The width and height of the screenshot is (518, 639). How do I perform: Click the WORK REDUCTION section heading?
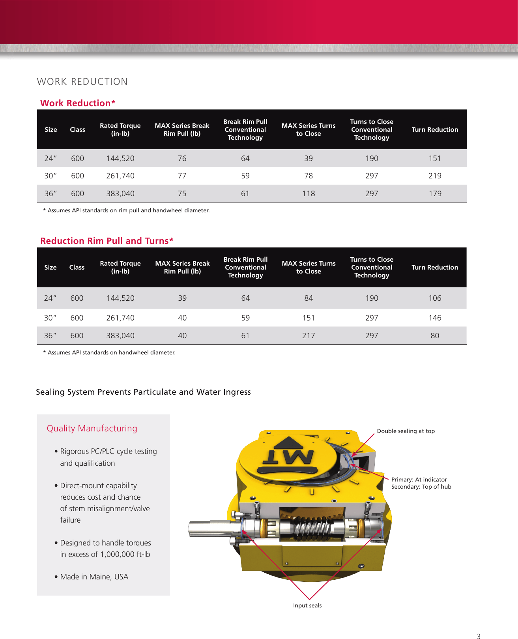tap(82, 82)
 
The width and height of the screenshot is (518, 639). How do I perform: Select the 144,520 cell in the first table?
tap(120, 158)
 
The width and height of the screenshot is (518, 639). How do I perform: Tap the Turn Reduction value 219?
tap(435, 176)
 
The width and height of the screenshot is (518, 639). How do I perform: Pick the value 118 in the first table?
tap(309, 193)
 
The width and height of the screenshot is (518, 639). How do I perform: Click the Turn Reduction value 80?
tap(435, 335)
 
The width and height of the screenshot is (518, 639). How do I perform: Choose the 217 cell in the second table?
tap(309, 335)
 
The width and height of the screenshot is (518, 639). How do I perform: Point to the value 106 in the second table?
tap(435, 298)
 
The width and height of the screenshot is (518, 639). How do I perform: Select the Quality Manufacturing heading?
tap(92, 428)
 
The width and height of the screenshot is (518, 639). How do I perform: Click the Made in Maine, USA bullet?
tap(94, 577)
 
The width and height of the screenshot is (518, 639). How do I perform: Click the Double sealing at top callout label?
tap(406, 431)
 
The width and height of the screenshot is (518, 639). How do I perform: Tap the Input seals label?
tap(307, 605)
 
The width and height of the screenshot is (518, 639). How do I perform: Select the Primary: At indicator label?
tap(419, 480)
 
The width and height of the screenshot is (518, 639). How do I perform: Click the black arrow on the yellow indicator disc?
tap(288, 443)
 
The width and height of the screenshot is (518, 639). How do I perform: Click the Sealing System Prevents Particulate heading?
tap(143, 392)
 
